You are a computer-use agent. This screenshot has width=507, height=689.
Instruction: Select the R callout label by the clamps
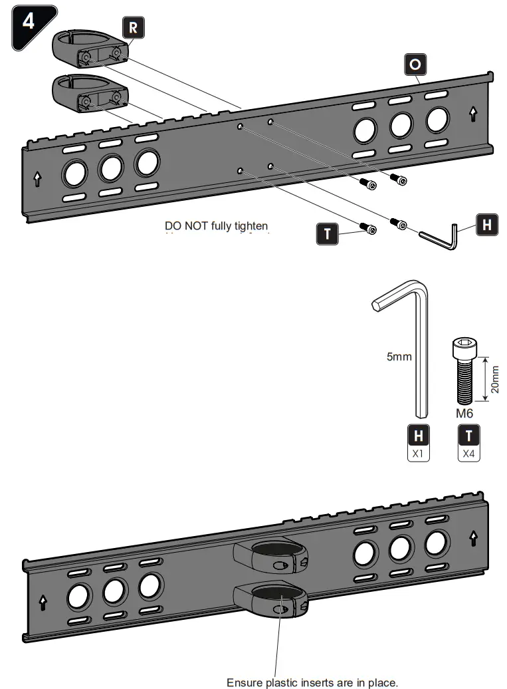click(133, 28)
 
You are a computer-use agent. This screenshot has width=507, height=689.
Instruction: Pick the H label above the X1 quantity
click(418, 436)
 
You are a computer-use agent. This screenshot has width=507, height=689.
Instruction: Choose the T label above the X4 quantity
click(469, 436)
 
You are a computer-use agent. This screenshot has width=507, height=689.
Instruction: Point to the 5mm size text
click(399, 356)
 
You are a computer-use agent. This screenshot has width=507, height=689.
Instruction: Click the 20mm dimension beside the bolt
click(495, 378)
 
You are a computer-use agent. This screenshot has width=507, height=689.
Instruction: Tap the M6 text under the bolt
click(464, 413)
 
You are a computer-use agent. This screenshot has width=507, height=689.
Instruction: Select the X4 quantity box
click(469, 455)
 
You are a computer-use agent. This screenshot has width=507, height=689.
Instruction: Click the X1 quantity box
click(418, 455)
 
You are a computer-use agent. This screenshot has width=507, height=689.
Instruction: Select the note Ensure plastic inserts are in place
click(312, 682)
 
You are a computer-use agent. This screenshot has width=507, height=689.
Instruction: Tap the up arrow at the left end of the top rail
click(37, 178)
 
